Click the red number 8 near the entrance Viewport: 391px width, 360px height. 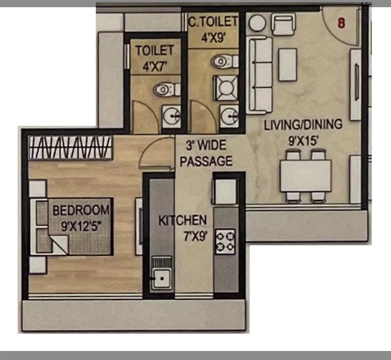click(341, 23)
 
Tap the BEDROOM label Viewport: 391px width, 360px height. click(81, 210)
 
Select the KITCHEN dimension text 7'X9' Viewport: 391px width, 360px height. click(195, 236)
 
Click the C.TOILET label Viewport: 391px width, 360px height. click(213, 22)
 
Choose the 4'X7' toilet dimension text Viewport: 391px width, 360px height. click(155, 67)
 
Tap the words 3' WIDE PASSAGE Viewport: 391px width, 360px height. click(206, 153)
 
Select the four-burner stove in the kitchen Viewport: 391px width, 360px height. click(225, 241)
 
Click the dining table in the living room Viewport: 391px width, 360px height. click(305, 175)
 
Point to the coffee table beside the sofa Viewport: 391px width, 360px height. click(288, 65)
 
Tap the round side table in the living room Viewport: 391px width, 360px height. click(257, 23)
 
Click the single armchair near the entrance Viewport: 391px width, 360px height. click(283, 24)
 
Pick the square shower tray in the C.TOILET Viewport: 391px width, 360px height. click(225, 88)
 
